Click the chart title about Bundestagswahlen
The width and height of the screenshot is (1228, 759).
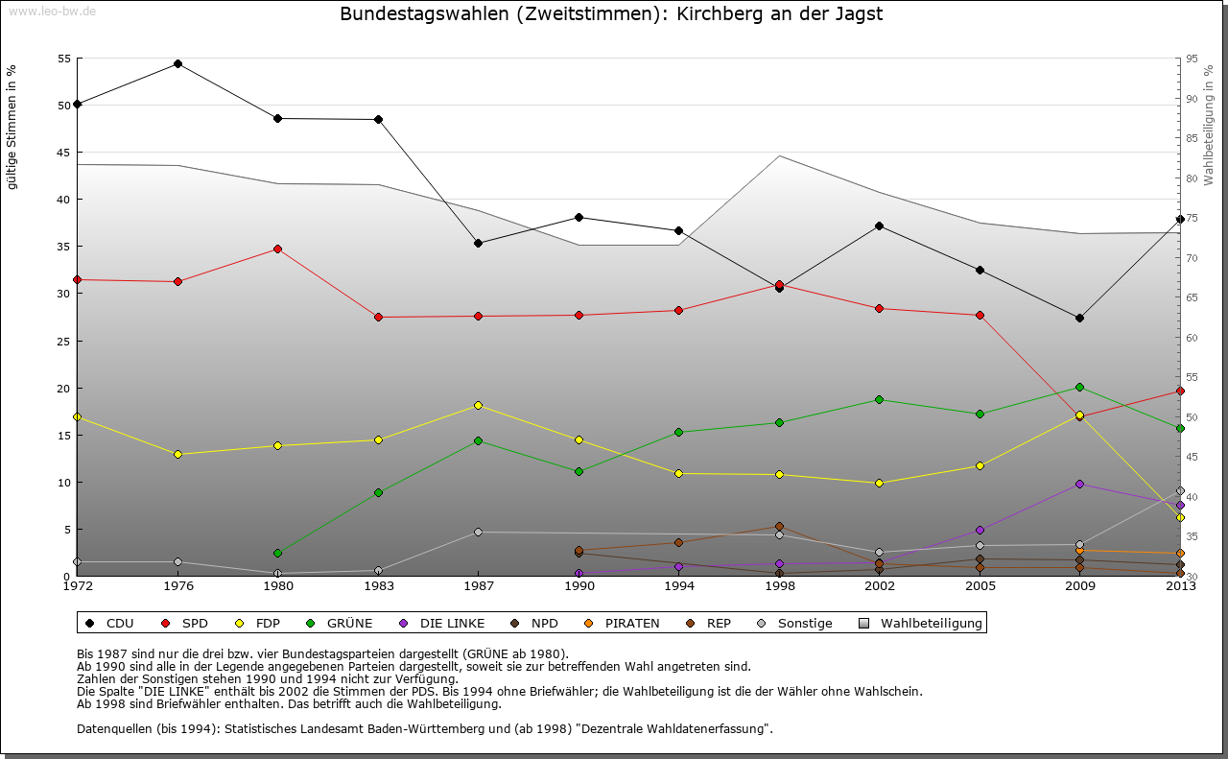(x=611, y=14)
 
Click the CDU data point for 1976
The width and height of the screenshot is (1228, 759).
(x=177, y=64)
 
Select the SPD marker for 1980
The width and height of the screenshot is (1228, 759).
(x=277, y=249)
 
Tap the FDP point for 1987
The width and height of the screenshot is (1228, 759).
(x=478, y=405)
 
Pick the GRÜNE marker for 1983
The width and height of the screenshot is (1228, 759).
(x=378, y=492)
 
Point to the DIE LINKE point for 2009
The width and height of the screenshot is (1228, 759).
(x=1079, y=484)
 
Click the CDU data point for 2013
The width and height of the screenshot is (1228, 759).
(x=1180, y=219)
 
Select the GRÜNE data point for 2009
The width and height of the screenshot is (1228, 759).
(x=1079, y=387)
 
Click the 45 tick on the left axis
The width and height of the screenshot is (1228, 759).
(x=64, y=153)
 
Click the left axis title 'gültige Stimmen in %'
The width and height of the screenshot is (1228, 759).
(x=12, y=127)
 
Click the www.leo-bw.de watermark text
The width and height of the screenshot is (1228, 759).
(x=51, y=12)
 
